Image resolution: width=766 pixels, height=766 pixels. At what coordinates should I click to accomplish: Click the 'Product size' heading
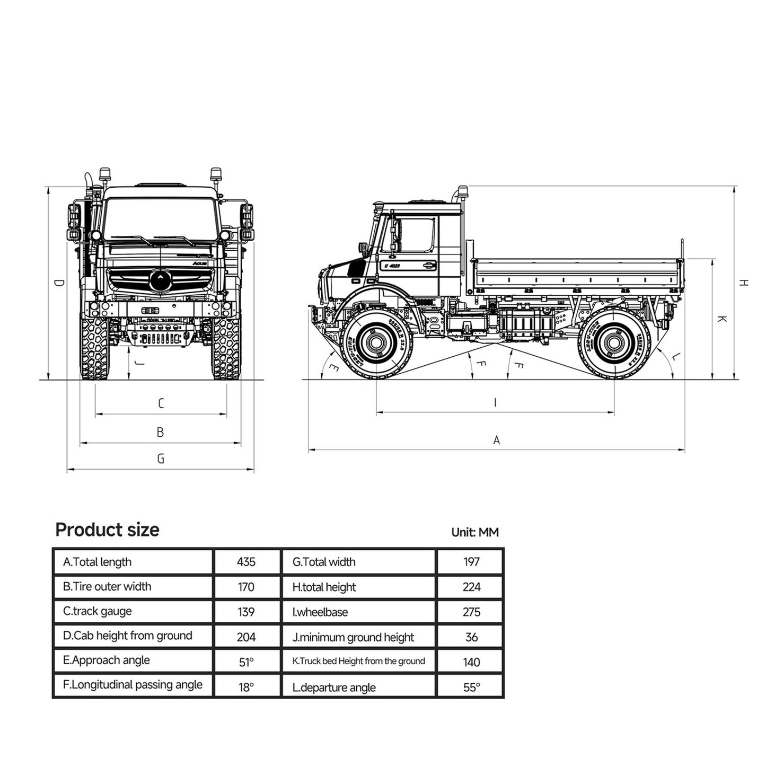tap(107, 530)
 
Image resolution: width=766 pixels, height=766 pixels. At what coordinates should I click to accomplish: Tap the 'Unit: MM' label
tap(474, 532)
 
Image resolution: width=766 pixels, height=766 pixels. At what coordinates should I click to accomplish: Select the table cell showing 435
tap(246, 562)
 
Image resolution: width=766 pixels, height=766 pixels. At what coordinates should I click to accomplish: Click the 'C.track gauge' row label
tap(97, 611)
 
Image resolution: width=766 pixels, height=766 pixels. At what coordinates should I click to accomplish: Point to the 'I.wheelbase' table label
tap(320, 612)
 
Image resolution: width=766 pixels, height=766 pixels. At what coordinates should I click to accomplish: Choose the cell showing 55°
tap(471, 688)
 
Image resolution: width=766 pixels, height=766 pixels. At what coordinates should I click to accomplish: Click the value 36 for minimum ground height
tap(471, 637)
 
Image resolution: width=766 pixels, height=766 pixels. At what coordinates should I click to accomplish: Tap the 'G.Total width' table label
tap(324, 562)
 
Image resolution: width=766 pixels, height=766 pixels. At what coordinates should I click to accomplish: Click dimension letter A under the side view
tap(496, 440)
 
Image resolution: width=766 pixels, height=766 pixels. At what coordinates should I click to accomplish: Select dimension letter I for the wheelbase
tap(495, 403)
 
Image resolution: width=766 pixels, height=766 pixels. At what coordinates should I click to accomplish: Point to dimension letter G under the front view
tap(161, 459)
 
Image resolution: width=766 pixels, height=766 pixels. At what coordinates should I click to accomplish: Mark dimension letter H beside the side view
tap(744, 283)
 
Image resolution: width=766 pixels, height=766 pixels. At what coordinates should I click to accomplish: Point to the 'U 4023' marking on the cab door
tap(392, 266)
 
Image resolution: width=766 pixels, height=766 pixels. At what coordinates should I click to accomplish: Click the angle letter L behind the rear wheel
tap(673, 357)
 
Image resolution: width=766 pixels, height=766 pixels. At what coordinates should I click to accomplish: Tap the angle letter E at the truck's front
tap(333, 368)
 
